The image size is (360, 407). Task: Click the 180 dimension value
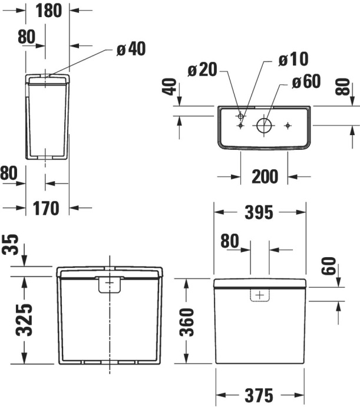48,11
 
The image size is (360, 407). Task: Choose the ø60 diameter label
306,81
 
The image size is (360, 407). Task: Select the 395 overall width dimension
260,212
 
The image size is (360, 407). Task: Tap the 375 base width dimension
260,395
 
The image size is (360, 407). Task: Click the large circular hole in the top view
263,125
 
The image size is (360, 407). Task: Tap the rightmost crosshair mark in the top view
288,125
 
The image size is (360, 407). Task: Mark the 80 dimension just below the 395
230,241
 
